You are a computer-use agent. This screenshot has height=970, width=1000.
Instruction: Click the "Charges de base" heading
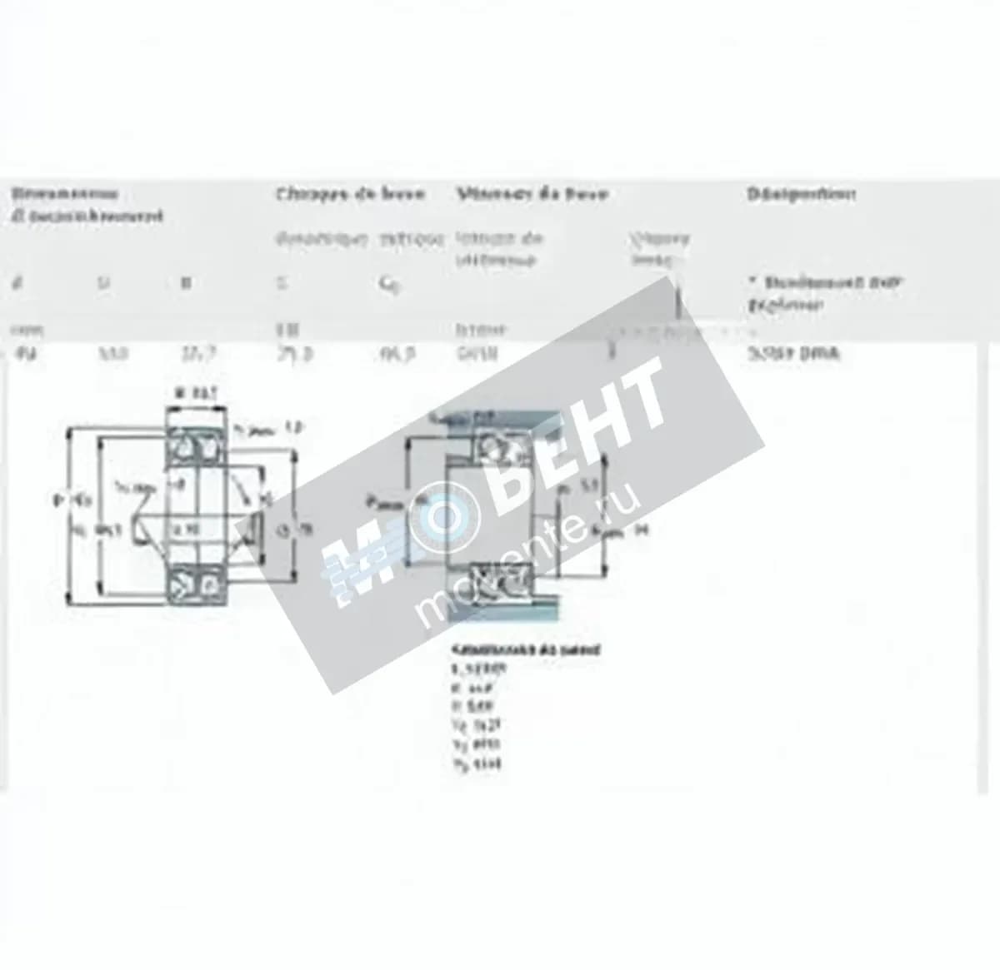350,194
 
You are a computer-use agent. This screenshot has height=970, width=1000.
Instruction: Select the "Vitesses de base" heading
532,194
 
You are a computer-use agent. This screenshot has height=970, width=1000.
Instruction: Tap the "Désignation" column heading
801,194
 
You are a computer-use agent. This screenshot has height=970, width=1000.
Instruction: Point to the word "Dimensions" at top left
64,194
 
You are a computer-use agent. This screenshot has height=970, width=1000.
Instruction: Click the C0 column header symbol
387,285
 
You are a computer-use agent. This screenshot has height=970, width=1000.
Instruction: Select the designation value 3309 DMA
793,353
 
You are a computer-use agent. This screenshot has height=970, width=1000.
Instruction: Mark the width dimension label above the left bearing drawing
196,393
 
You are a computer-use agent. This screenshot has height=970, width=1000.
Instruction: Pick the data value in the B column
198,353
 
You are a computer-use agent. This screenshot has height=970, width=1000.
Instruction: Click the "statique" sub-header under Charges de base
412,240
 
